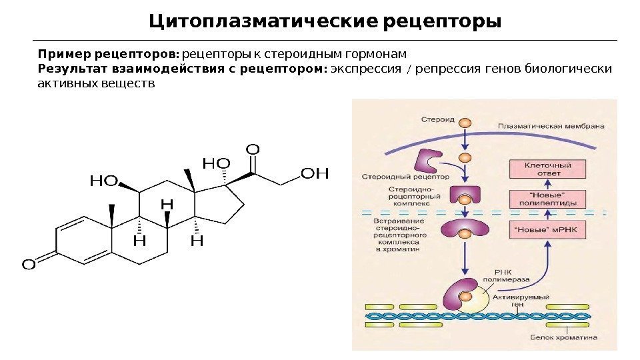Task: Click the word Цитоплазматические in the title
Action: [x=264, y=22]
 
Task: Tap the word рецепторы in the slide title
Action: [x=443, y=22]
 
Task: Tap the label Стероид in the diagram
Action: [x=437, y=121]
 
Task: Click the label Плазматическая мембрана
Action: [x=551, y=125]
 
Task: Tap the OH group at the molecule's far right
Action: [x=315, y=174]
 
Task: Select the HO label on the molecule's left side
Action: [x=103, y=180]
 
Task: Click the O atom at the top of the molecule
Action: [x=253, y=147]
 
